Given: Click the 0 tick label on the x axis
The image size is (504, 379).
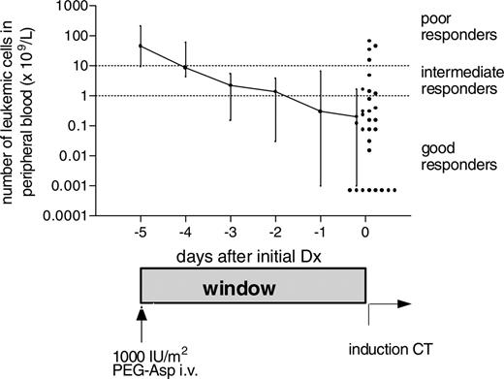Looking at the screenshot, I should [x=365, y=234].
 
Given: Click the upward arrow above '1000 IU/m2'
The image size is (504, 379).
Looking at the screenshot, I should [x=142, y=315].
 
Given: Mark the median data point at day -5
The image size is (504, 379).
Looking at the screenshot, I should [x=142, y=47].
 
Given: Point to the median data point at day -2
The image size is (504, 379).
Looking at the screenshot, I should [x=275, y=92].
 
